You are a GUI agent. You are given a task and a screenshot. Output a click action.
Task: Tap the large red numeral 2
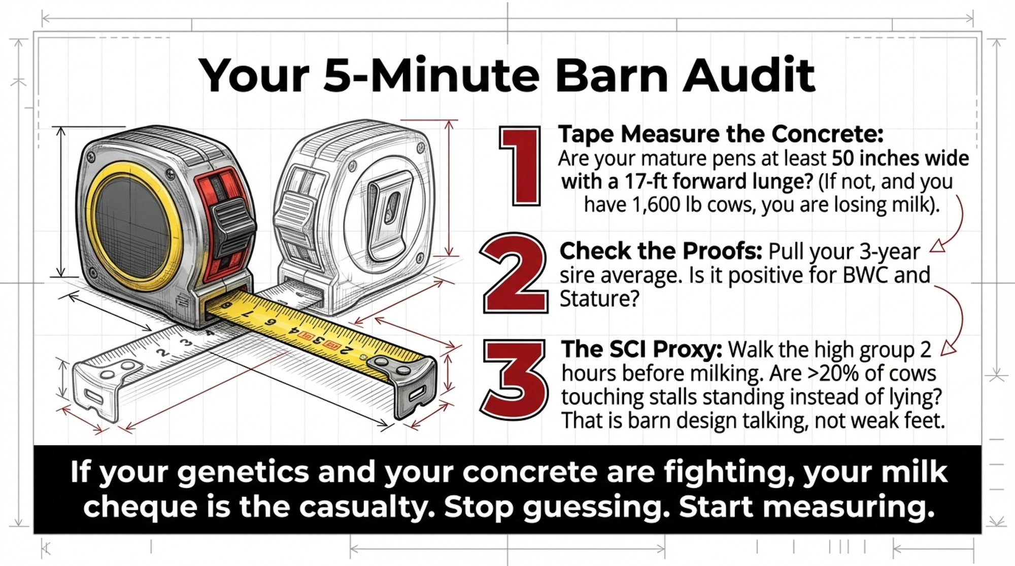click(x=515, y=274)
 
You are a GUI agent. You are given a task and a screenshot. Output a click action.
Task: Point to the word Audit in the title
click(x=748, y=75)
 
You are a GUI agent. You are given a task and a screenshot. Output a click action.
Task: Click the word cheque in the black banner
click(x=140, y=507)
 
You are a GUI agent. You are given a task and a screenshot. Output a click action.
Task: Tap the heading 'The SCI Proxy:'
click(x=641, y=349)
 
